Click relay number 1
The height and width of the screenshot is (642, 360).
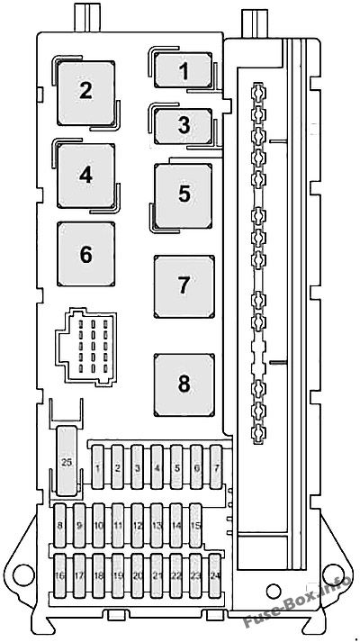184,70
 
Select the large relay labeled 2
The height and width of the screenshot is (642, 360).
85,93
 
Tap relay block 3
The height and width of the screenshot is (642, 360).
184,126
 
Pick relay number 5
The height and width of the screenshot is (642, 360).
184,195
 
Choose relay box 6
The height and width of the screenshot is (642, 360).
85,254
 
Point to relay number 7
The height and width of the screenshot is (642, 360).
184,286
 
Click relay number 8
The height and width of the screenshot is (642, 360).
184,384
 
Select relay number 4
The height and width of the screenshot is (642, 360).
85,176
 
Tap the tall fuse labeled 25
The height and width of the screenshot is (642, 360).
67,461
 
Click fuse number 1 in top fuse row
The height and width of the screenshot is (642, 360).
98,467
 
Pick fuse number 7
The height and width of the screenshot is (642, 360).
216,467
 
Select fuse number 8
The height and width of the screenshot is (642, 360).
60,525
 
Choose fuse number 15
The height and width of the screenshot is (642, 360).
195,525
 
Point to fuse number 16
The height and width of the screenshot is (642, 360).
60,575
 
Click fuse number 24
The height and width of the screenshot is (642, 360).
215,575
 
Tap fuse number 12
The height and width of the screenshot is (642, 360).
138,525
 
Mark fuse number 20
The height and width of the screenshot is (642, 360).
138,575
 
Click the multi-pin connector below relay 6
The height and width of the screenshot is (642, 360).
85,348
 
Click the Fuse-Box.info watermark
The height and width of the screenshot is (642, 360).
297,602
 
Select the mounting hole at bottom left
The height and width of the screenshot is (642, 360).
23,574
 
